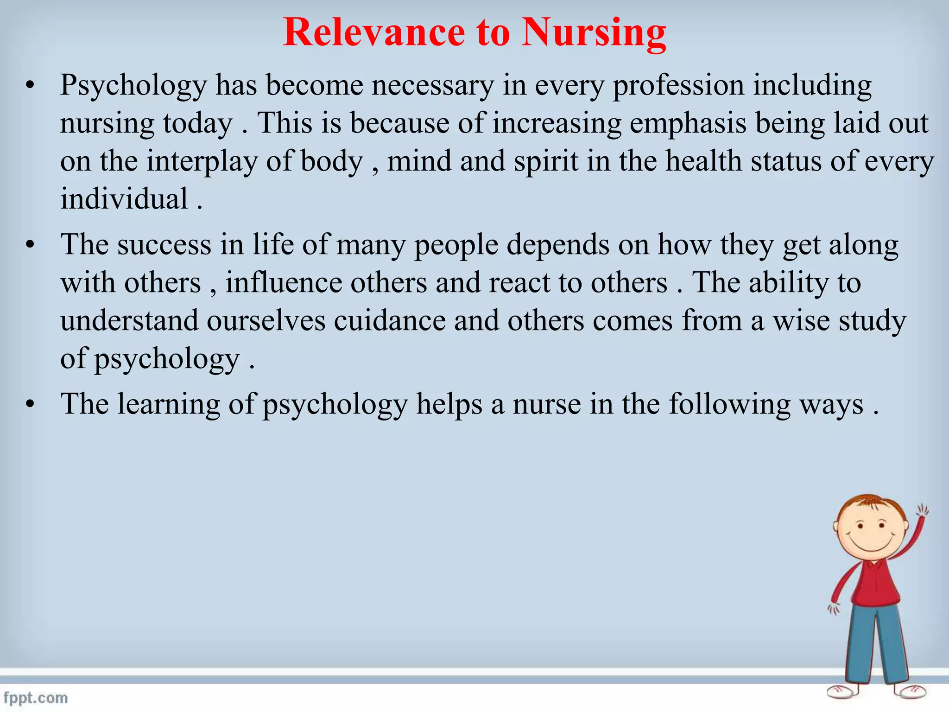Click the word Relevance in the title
click(373, 32)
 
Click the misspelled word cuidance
click(390, 321)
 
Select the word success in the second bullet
click(164, 245)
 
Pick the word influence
click(284, 283)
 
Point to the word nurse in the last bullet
click(547, 404)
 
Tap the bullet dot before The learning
click(31, 405)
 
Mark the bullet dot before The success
click(31, 245)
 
